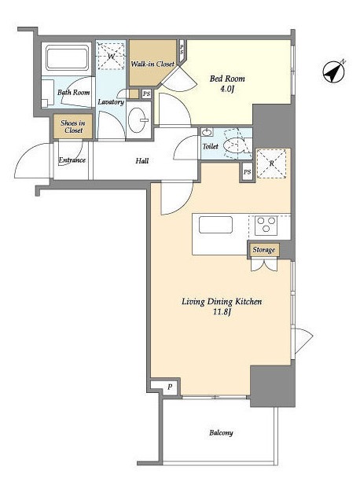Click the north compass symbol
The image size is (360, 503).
tap(334, 72)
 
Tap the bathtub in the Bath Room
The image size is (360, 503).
tap(67, 57)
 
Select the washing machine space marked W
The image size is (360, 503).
tap(111, 57)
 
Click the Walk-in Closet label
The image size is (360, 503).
tap(152, 64)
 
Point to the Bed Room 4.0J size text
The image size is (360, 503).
tap(226, 89)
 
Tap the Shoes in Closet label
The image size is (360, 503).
tap(73, 127)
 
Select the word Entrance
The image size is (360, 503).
tap(72, 160)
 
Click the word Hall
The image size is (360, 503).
tap(141, 160)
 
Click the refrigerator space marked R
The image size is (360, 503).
tap(272, 163)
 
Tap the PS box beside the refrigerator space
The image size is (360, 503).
tap(247, 172)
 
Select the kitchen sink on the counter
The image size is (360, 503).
tap(215, 225)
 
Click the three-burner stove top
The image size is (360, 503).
tap(266, 226)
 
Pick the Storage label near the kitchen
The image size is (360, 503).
tap(264, 250)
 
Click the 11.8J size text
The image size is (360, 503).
tap(222, 312)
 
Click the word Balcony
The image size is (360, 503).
tap(221, 433)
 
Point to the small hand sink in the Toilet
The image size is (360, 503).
tap(207, 132)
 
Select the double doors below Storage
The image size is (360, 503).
tap(264, 265)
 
